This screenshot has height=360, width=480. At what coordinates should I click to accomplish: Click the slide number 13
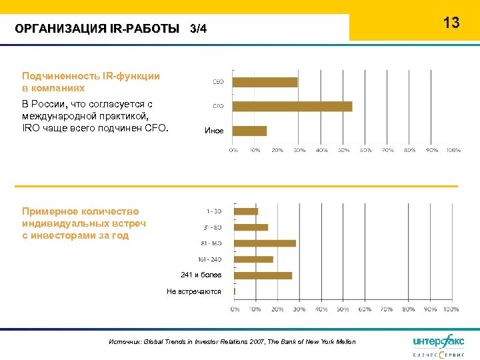tap(451, 23)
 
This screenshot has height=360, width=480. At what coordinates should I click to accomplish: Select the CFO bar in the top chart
tap(293, 106)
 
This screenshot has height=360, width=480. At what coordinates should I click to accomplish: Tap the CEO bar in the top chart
tap(265, 82)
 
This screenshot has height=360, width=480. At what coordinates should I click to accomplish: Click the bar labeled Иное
tap(250, 131)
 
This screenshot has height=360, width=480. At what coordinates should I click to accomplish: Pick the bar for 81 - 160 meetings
tap(265, 243)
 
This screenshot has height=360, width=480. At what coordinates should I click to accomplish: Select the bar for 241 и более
tap(263, 275)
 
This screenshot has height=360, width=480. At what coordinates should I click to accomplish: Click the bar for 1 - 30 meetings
tap(247, 211)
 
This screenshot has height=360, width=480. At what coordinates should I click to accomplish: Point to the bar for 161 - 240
tap(254, 259)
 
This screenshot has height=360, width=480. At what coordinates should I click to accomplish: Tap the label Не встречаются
tap(194, 291)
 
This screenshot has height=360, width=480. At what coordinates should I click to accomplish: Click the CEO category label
tap(218, 82)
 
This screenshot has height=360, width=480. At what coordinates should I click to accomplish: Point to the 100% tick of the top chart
tap(453, 150)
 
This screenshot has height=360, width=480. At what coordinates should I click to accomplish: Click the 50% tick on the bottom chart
tap(343, 309)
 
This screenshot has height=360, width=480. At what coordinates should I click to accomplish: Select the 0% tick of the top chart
tap(233, 150)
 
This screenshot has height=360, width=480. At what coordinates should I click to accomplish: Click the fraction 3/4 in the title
tap(198, 29)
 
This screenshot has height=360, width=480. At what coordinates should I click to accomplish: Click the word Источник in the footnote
tap(125, 342)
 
